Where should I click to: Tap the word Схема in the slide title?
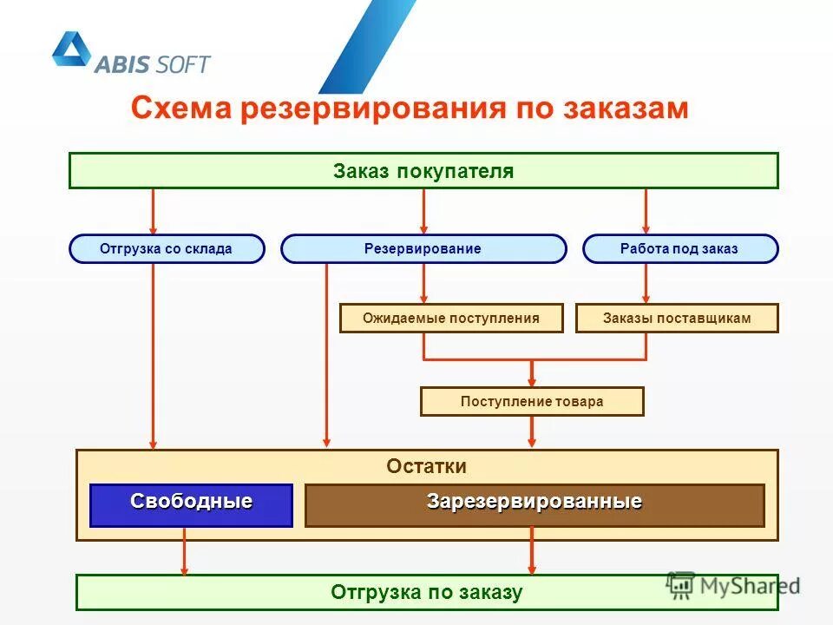point(180,109)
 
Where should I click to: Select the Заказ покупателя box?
point(423,171)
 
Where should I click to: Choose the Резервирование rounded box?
point(423,249)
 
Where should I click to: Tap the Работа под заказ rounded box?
point(679,249)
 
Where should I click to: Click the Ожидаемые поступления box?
point(450,319)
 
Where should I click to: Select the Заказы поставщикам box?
point(677,319)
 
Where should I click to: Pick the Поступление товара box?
point(532,402)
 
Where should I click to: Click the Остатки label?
point(426,467)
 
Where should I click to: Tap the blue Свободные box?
point(191,505)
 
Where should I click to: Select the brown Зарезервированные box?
point(534,505)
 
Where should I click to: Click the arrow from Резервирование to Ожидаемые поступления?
point(423,284)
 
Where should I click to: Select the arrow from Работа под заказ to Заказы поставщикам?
point(646,284)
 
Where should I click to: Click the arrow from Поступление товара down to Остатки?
point(532,432)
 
